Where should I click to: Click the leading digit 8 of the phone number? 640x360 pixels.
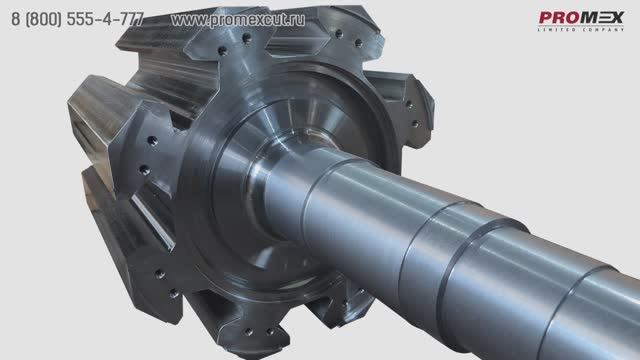coord(16,19)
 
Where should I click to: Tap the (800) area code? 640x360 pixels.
coord(43,19)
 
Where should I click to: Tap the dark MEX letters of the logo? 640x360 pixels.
coord(602,18)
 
